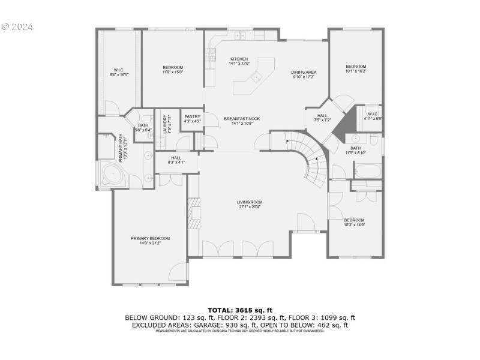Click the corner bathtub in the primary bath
click(x=112, y=175)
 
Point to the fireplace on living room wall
click(x=193, y=212)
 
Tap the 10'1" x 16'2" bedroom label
click(x=355, y=68)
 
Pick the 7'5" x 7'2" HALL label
click(x=322, y=118)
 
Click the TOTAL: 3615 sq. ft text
click(x=240, y=310)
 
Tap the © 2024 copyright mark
click(x=17, y=27)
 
